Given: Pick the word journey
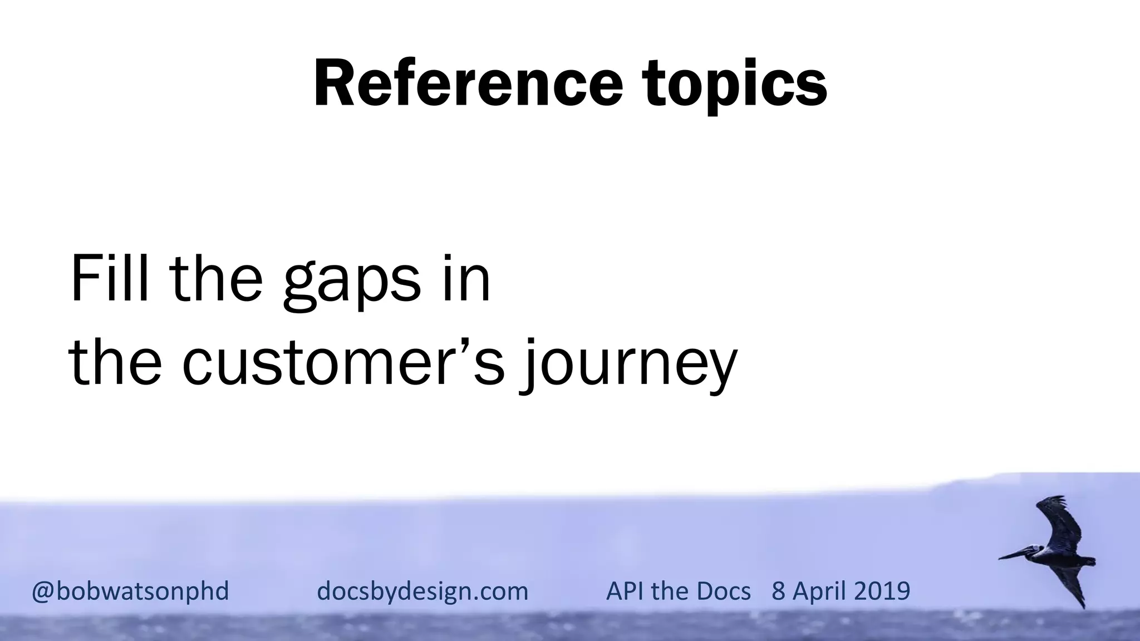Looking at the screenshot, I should pos(629,364).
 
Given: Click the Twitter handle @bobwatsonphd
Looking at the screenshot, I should pos(130,591).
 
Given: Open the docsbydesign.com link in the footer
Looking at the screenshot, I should pos(422,591).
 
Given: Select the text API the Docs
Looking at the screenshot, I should pos(678,591).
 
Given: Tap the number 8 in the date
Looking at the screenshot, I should pos(778,591).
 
